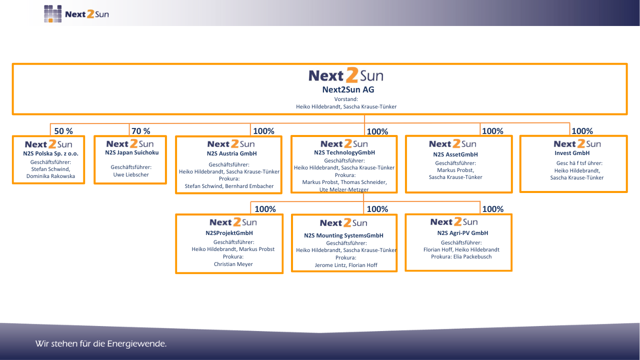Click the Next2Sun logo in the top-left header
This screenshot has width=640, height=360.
(76, 13)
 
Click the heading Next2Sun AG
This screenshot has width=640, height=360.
(348, 89)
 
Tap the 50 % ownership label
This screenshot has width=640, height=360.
(63, 131)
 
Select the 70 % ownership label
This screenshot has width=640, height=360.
(141, 131)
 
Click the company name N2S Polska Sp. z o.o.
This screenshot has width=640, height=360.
(50, 153)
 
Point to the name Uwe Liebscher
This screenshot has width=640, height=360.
(131, 174)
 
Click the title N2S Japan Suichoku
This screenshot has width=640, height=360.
(131, 152)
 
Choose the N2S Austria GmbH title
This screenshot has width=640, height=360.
(231, 153)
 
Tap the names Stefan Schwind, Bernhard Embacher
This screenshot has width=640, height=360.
(229, 186)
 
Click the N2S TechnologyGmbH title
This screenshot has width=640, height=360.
(344, 152)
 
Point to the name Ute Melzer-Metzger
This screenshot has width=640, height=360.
(344, 189)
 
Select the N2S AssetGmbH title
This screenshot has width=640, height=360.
(455, 154)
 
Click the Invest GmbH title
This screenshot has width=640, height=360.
(572, 153)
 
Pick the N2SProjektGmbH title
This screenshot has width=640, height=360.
(229, 233)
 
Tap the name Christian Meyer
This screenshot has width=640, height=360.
(233, 264)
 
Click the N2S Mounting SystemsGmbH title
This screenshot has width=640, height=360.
(343, 235)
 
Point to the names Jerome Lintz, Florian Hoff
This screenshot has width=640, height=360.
(346, 265)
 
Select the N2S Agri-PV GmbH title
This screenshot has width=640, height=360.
(462, 233)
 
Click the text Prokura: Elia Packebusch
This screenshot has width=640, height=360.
(461, 256)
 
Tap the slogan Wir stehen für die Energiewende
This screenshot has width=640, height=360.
(101, 343)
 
